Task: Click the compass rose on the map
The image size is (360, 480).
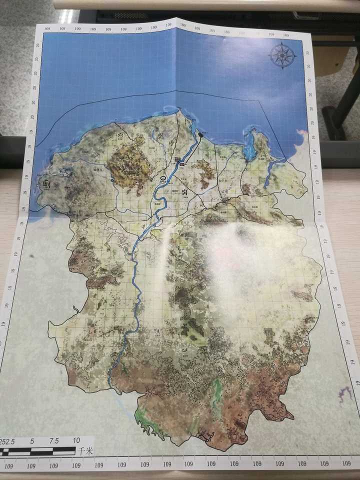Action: click(283, 55)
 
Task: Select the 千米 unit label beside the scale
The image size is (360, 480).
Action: click(84, 450)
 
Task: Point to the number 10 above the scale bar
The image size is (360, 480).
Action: click(76, 441)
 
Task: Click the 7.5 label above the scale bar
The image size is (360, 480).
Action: click(53, 441)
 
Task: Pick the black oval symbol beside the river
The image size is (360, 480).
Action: click(163, 177)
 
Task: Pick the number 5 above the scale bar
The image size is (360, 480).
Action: click(32, 441)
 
